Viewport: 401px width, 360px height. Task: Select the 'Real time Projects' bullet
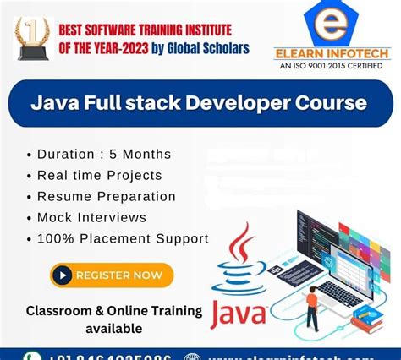pyautogui.click(x=100, y=175)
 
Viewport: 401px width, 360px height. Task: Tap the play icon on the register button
pyautogui.click(x=62, y=275)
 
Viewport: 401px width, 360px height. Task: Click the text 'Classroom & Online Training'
pyautogui.click(x=114, y=311)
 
